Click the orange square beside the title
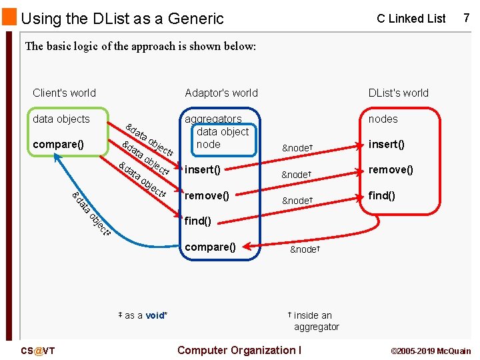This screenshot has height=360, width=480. pos(9,17)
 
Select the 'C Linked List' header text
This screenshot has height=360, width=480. pos(411,19)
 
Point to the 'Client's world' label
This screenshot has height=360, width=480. pos(64,93)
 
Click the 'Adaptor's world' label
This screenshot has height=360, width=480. pos(221,93)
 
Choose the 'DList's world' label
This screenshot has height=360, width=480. pos(398,93)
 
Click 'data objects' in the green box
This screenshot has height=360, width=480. pos(61,119)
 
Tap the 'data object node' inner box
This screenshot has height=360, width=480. pos(222,138)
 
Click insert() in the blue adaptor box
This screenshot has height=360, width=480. pos(202,169)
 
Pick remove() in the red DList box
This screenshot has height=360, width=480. pos(391,169)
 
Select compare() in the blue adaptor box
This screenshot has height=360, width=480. pos(210,247)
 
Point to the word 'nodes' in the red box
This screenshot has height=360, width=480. pos(383,119)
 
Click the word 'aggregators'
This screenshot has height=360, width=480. pos(213,119)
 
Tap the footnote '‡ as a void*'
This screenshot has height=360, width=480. pos(142,315)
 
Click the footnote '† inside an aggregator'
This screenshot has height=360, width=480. pos(313,321)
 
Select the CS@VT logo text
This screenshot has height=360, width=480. pos(38,351)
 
